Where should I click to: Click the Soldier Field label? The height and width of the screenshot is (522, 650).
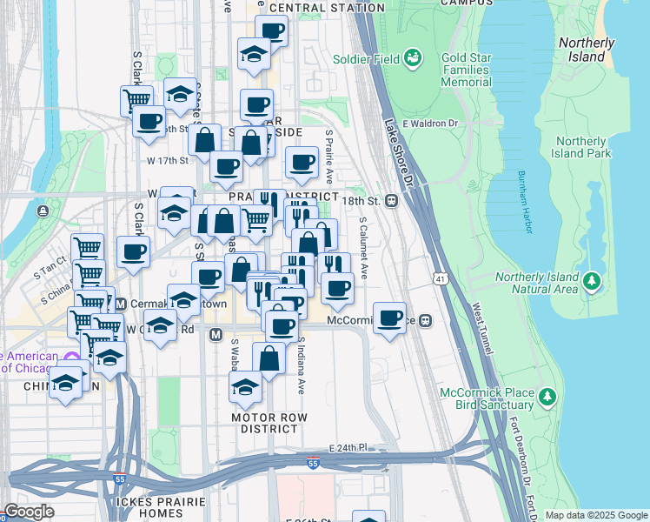point(366,59)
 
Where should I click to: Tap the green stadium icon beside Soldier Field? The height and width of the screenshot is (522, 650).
point(413,59)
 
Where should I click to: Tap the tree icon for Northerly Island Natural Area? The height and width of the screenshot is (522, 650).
point(592,281)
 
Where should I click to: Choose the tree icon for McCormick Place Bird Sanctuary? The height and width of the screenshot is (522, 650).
point(547,398)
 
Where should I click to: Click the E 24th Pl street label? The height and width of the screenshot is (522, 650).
point(348,447)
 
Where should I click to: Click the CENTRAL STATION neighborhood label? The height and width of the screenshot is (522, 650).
point(327,8)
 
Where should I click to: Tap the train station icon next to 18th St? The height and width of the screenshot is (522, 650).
point(391,200)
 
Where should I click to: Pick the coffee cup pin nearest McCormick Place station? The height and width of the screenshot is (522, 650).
point(390,316)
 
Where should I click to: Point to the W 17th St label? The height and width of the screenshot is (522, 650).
point(168,161)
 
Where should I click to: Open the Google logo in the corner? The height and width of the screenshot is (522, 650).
point(29,512)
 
